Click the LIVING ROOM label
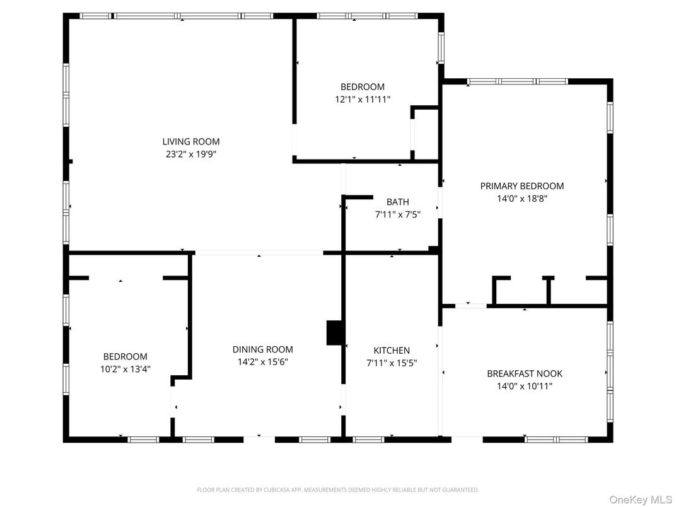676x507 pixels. coord(190,142)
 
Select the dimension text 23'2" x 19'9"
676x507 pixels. coord(190,154)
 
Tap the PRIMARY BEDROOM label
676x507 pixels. coord(522,186)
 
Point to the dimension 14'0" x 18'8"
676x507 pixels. coord(522,198)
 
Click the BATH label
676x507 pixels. coord(397,202)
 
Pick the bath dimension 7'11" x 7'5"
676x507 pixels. coord(397,214)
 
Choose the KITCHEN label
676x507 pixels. coord(392,351)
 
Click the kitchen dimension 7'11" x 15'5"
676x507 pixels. coord(392,363)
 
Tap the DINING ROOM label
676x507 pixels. coord(262,349)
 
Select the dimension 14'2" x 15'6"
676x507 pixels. coord(262,362)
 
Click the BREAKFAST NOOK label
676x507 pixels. coord(524,373)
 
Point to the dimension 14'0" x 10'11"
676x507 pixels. coord(524,386)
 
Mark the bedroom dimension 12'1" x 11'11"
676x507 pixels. coord(362,99)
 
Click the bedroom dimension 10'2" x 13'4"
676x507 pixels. coord(125,369)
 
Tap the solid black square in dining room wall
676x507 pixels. coord(335,333)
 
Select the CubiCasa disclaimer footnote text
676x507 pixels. coord(337,489)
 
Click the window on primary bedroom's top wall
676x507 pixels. coord(517,81)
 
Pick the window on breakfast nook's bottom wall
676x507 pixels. coord(556,439)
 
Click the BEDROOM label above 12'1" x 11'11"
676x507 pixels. coord(362,87)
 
